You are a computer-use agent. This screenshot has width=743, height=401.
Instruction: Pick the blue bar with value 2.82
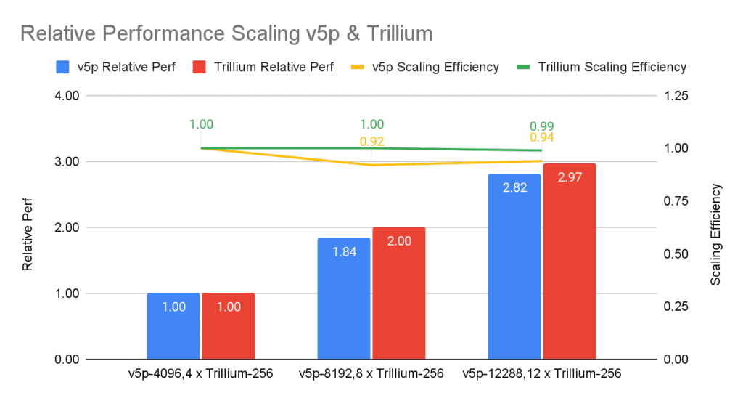[514, 267]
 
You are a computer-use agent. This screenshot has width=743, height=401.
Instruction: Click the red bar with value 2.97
[569, 261]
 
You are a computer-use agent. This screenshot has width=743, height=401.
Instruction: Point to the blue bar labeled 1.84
[344, 298]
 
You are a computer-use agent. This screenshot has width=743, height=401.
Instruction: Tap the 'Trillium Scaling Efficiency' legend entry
[603, 67]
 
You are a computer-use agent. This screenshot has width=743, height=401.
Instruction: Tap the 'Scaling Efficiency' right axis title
[715, 234]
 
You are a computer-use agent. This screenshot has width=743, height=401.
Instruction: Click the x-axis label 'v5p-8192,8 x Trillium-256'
[371, 374]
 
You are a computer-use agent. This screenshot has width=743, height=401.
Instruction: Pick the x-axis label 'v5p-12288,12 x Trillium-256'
[541, 374]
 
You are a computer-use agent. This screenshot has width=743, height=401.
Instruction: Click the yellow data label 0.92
[371, 141]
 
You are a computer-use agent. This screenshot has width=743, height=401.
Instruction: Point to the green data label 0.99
[542, 126]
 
